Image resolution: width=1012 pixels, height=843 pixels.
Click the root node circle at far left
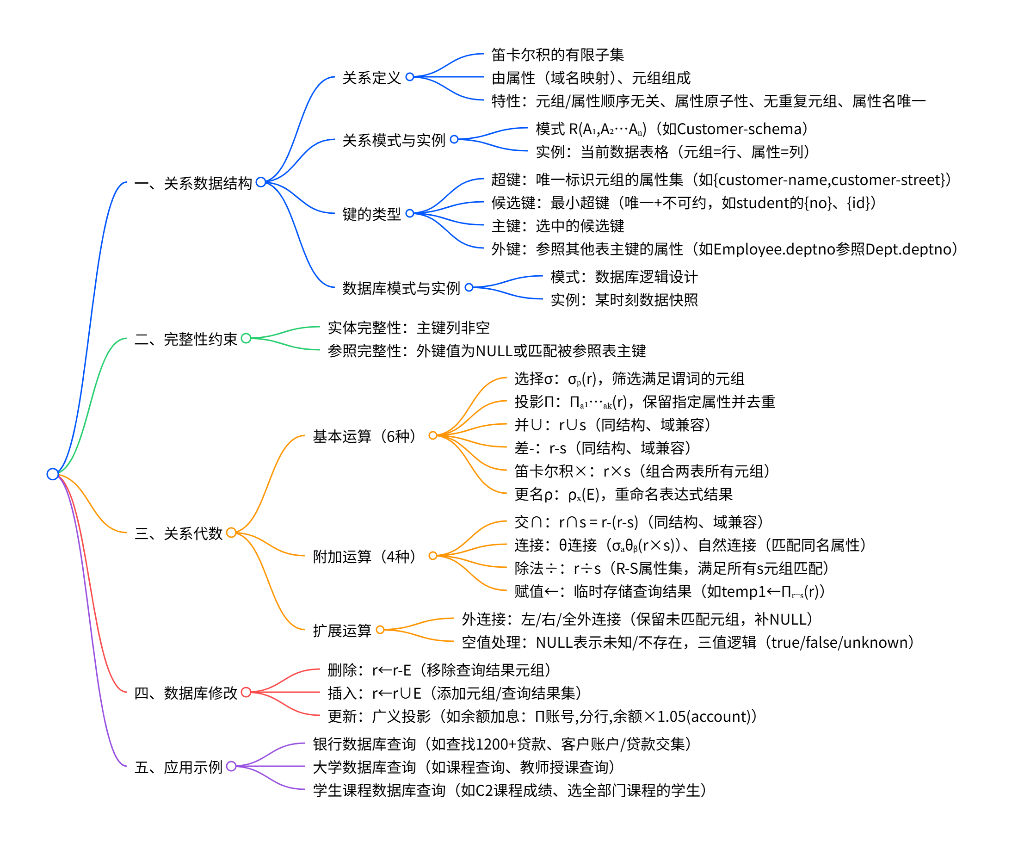(x=53, y=474)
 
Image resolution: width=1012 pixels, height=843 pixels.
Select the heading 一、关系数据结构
(x=193, y=183)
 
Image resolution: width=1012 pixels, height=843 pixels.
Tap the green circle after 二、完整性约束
(x=246, y=338)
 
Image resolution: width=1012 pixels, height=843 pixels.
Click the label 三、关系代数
(x=179, y=533)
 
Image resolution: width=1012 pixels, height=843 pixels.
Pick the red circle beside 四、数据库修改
(x=246, y=692)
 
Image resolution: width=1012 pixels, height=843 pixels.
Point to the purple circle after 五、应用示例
(x=231, y=766)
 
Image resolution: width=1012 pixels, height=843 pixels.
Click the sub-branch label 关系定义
(x=371, y=78)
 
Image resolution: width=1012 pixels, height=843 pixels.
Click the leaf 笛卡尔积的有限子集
(x=557, y=55)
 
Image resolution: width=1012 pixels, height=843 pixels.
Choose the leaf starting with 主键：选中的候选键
(x=557, y=226)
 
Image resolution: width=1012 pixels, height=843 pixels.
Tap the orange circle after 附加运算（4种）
(x=433, y=556)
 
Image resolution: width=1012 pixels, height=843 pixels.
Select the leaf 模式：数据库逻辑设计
(x=623, y=277)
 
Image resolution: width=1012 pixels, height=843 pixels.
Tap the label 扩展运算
(x=342, y=631)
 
